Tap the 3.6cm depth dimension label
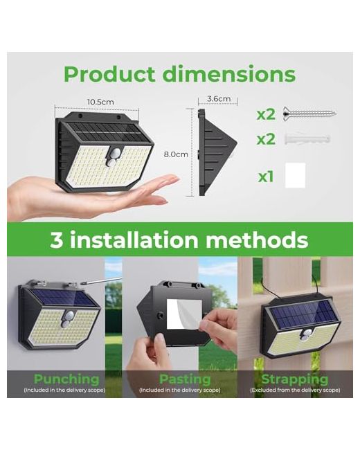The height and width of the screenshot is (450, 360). (219, 99)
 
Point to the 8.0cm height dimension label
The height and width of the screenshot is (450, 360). (176, 154)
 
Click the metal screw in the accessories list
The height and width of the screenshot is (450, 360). (309, 114)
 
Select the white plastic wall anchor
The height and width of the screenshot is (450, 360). (307, 138)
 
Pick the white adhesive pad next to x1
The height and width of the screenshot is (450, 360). (295, 175)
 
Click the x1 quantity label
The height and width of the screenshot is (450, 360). (266, 177)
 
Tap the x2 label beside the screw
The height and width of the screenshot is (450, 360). (266, 114)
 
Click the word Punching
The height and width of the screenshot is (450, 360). (66, 379)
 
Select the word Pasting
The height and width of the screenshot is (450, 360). (185, 379)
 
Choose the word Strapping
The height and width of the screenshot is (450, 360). (295, 379)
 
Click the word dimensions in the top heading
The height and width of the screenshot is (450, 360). (229, 74)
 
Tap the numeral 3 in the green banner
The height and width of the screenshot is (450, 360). (57, 240)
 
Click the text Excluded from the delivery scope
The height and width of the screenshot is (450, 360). (295, 390)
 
